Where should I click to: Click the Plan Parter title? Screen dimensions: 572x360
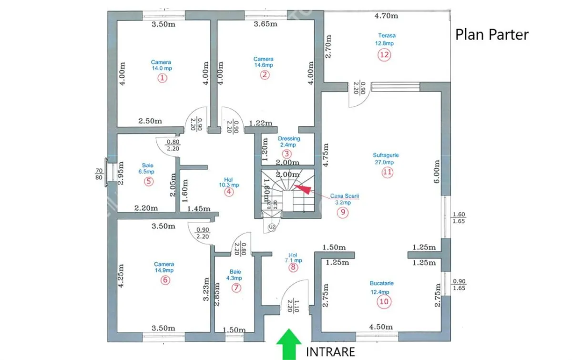[x=492, y=35]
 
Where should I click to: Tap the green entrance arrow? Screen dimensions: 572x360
[x=289, y=344]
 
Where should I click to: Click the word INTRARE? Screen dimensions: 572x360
[x=330, y=352]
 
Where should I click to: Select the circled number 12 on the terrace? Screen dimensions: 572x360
[x=384, y=55]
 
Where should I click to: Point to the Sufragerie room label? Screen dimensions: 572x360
[x=386, y=155]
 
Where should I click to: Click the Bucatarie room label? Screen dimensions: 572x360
[x=382, y=283]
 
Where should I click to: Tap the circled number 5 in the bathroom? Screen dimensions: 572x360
[x=149, y=182]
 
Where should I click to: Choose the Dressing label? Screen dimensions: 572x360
[x=289, y=138]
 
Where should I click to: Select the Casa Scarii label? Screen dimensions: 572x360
[x=345, y=196]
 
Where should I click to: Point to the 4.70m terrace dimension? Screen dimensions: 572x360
[x=386, y=16]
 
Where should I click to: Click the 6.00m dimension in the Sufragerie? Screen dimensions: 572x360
[x=437, y=172]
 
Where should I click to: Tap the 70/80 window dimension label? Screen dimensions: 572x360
[x=99, y=174]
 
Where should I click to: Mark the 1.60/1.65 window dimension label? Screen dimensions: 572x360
[x=459, y=218]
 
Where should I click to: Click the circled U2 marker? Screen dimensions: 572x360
[x=272, y=227]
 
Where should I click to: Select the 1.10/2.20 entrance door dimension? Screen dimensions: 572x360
[x=293, y=306]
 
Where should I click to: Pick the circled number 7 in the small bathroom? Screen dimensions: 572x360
[x=236, y=288]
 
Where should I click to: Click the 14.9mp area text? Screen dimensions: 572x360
[x=164, y=270]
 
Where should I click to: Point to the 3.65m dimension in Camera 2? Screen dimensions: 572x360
[x=266, y=24]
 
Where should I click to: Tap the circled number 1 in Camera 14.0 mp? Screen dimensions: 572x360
[x=162, y=78]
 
